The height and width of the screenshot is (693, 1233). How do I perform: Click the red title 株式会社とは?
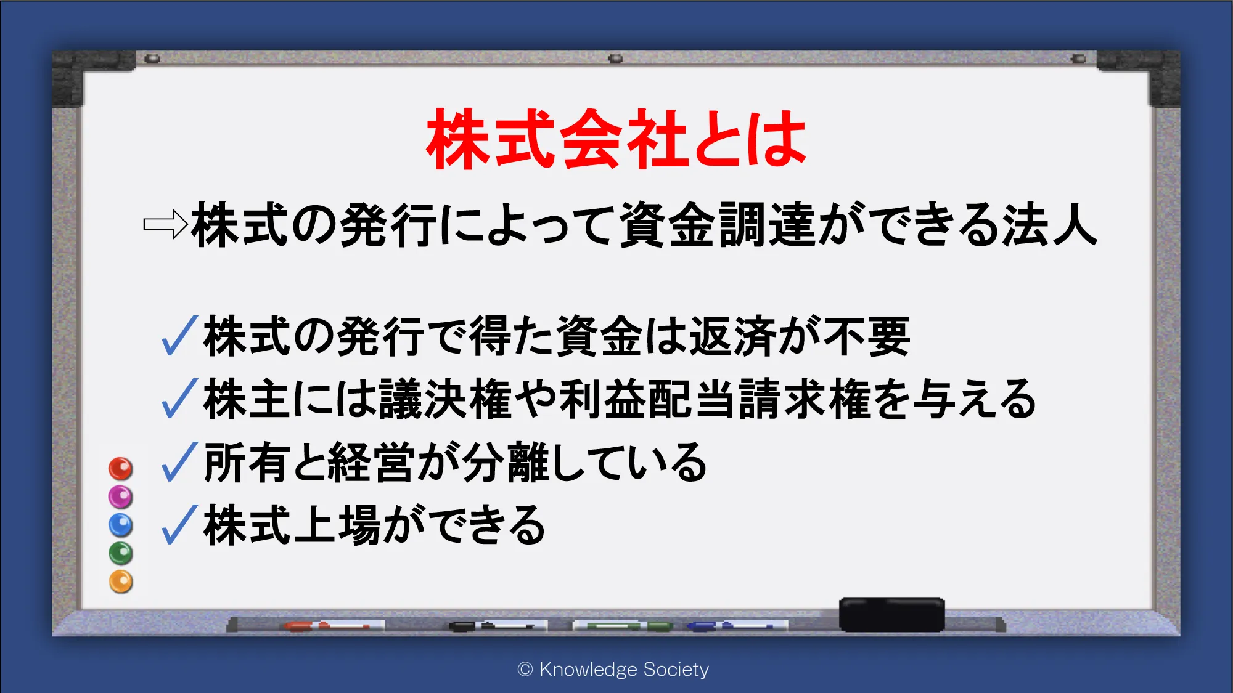[x=616, y=139]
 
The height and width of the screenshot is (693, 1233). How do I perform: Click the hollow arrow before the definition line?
[x=165, y=224]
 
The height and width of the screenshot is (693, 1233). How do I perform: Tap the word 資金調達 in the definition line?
[x=718, y=225]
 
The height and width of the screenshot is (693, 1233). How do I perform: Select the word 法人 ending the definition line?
[x=1049, y=225]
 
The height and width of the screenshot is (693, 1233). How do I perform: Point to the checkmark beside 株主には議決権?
[x=179, y=399]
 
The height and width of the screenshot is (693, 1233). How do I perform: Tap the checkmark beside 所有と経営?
[x=179, y=461]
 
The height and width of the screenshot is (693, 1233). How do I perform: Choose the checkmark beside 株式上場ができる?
[x=179, y=524]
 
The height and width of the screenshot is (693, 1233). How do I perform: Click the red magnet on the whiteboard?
[x=121, y=469]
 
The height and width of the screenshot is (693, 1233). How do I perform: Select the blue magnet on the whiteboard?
[x=121, y=525]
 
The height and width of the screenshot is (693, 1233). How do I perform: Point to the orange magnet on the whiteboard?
[x=121, y=582]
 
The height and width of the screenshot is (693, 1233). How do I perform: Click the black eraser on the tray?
[x=891, y=614]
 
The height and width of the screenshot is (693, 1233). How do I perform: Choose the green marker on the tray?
[x=623, y=626]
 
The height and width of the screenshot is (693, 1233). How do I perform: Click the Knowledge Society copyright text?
[x=613, y=669]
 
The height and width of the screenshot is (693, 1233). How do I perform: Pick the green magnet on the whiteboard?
[x=121, y=554]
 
